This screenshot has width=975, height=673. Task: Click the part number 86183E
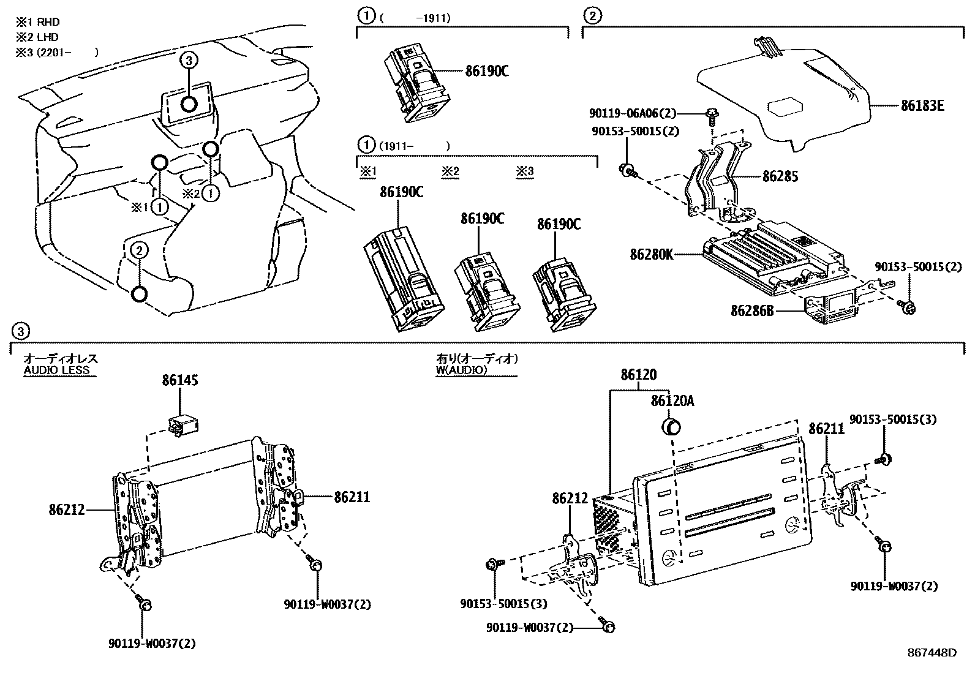point(922,105)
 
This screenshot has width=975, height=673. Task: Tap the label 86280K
point(651,254)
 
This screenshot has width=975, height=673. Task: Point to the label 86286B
point(751,311)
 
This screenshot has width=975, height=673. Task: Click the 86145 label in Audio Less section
point(180,380)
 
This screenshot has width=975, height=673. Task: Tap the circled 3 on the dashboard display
point(189,60)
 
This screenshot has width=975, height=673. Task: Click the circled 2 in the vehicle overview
point(139,250)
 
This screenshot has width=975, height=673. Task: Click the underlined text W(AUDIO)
point(461,370)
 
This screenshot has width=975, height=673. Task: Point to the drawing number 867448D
point(932,653)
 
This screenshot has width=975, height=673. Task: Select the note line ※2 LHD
point(37,37)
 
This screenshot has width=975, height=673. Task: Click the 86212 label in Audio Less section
point(67,509)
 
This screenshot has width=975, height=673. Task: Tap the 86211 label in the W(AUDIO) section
point(826,429)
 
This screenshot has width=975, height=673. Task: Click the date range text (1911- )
point(414,146)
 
